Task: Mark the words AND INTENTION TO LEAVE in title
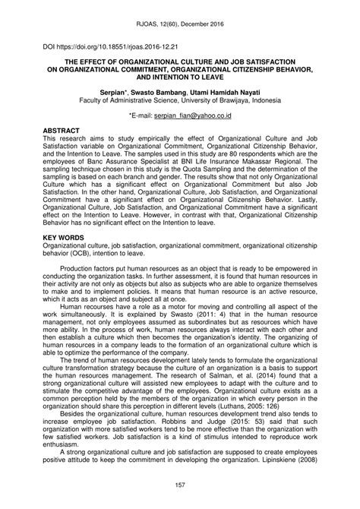pyautogui.click(x=180, y=75)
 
